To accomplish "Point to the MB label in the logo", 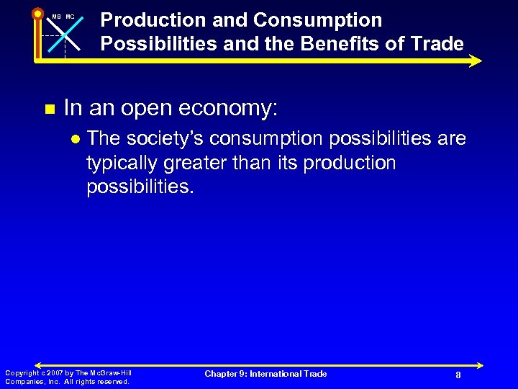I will point(56,17).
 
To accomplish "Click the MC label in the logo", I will point(70,17).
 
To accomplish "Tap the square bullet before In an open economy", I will point(50,109).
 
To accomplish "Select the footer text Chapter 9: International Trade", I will point(265,374).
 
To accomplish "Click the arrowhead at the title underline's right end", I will point(476,61).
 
